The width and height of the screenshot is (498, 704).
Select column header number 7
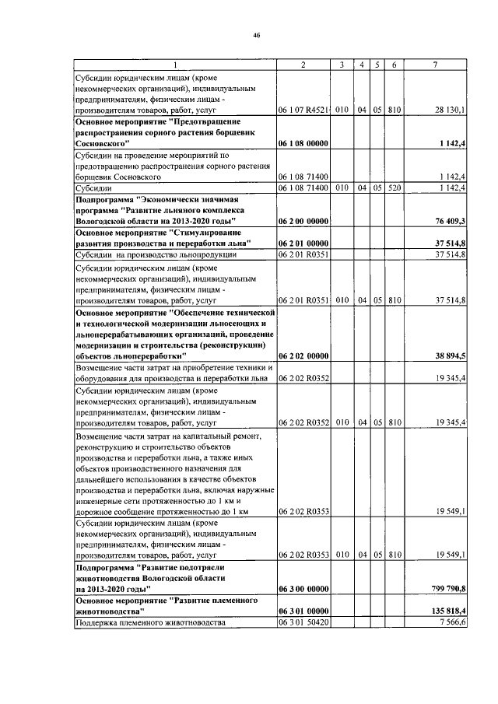pos(434,65)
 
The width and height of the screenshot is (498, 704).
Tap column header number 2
pos(303,65)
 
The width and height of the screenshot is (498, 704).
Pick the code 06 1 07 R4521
pos(303,110)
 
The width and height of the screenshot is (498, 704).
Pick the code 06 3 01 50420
pos(303,623)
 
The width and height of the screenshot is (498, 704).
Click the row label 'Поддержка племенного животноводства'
pos(149,623)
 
